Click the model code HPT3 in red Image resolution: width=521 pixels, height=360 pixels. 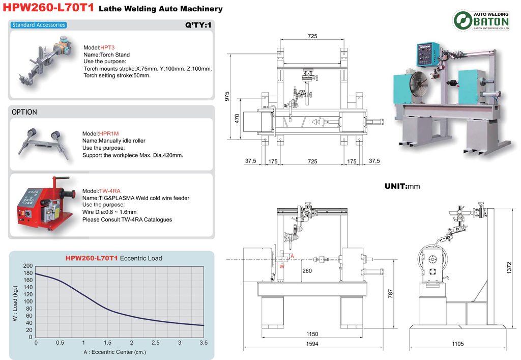pyautogui.click(x=107, y=47)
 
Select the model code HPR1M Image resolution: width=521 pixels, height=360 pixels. pyautogui.click(x=109, y=133)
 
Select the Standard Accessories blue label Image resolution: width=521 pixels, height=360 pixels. pyautogui.click(x=39, y=25)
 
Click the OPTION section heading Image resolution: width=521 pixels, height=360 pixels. pyautogui.click(x=24, y=112)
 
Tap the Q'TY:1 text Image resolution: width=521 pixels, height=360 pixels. pyautogui.click(x=198, y=25)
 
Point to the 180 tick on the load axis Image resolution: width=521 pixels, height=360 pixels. pyautogui.click(x=28, y=273)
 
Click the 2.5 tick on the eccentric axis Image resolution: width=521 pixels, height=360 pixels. pyautogui.click(x=156, y=343)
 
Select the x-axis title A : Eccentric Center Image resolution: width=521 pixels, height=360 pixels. pyautogui.click(x=114, y=352)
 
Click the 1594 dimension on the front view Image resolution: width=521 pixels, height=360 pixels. pyautogui.click(x=312, y=344)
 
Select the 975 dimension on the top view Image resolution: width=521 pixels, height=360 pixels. pyautogui.click(x=227, y=96)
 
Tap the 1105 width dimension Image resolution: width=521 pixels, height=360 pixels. pyautogui.click(x=457, y=344)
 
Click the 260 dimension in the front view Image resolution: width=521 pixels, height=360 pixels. pyautogui.click(x=307, y=271)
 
